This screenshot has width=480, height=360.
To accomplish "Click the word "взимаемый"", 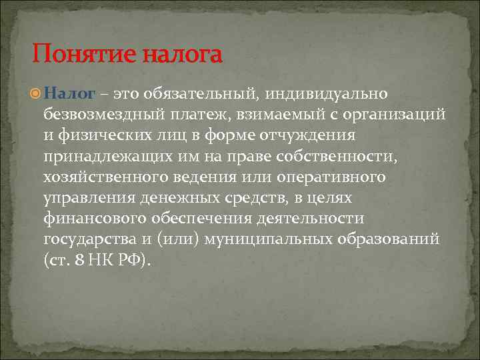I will click(281, 115).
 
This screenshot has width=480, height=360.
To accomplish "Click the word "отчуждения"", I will click(308, 135).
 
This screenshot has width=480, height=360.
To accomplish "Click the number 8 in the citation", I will click(79, 259).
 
